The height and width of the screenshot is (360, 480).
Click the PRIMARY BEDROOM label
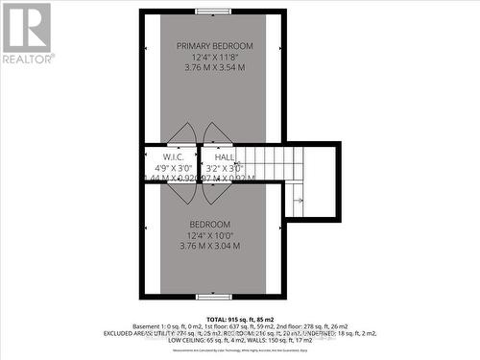pos(214,46)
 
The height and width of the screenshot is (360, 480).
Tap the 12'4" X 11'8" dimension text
pos(214,58)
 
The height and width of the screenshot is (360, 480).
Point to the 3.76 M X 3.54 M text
pos(214,69)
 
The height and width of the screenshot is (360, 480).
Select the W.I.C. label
pos(173,156)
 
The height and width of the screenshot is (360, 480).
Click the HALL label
pos(225,156)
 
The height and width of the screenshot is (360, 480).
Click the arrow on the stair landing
pos(299,200)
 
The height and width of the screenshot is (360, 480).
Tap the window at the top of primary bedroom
pos(214,12)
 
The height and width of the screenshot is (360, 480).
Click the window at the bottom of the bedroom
pos(214,296)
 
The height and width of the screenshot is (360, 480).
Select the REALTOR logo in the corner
pos(26,34)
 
